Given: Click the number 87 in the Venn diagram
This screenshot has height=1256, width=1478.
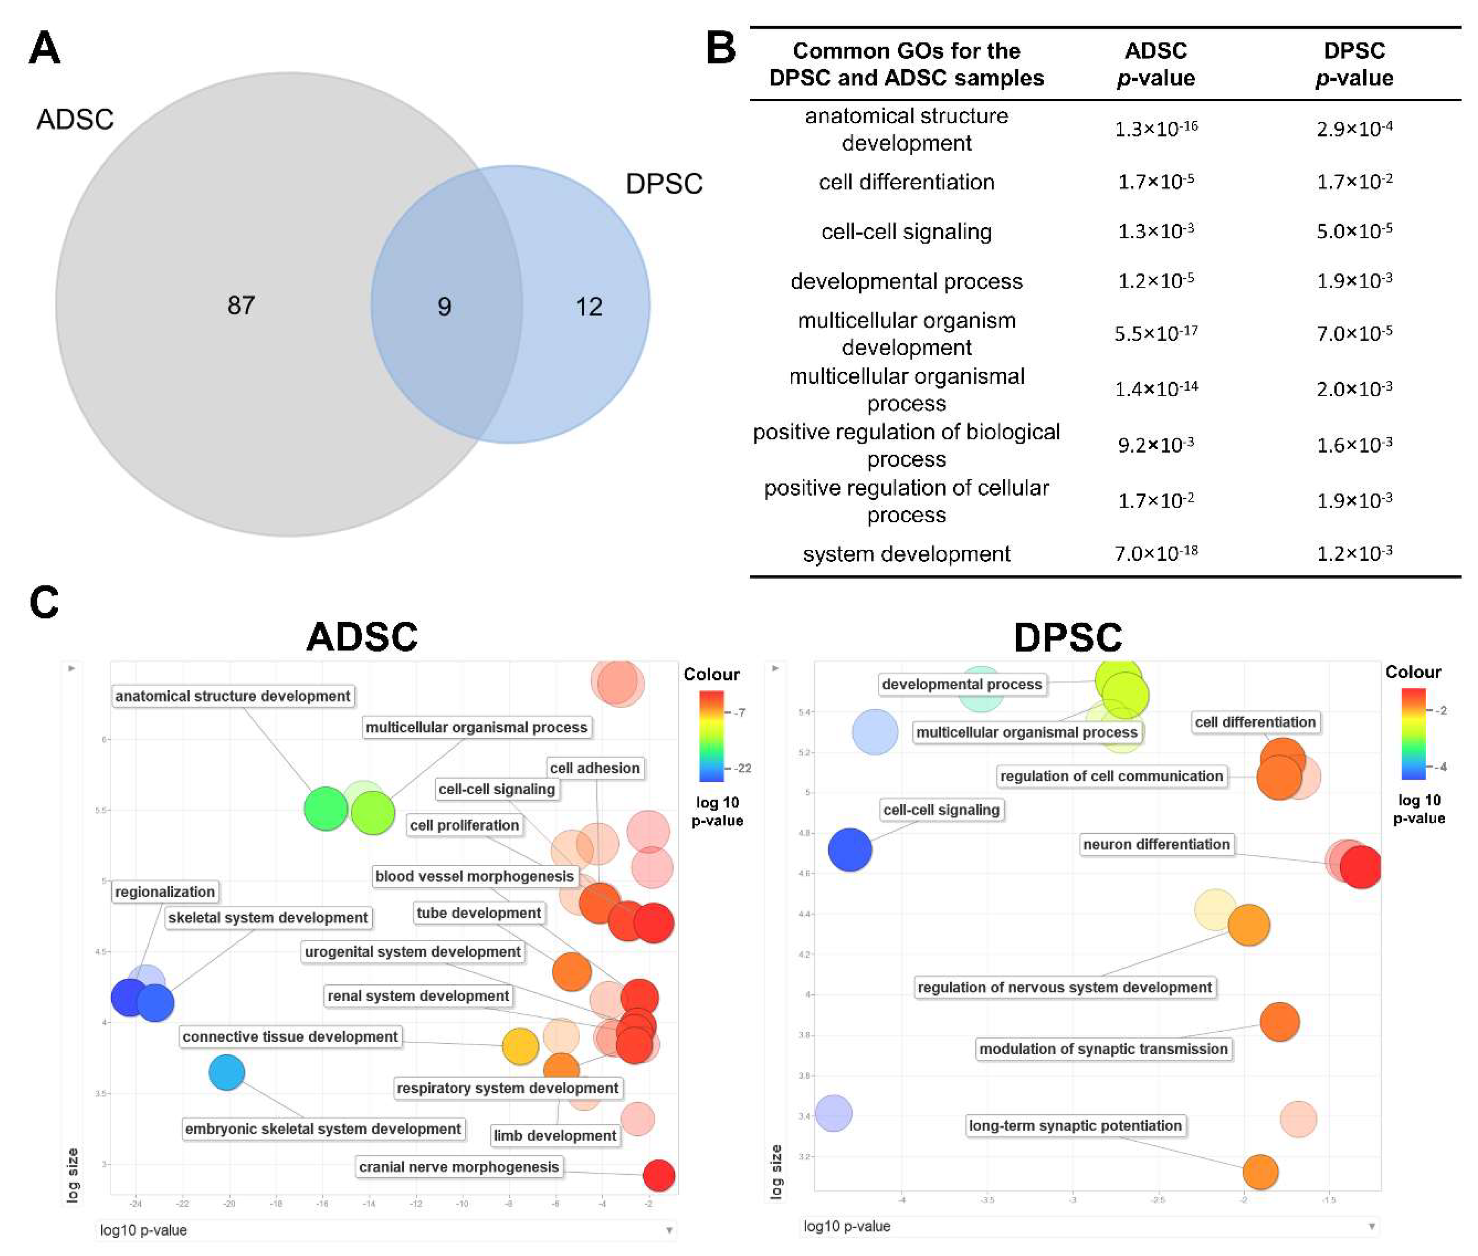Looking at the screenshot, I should pyautogui.click(x=241, y=305).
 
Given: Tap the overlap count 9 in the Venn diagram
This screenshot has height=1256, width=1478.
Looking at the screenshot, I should pyautogui.click(x=444, y=307).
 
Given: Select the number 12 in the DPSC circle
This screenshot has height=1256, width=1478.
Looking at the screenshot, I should pyautogui.click(x=589, y=307).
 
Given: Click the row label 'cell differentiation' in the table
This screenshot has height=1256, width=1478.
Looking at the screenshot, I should pyautogui.click(x=905, y=182).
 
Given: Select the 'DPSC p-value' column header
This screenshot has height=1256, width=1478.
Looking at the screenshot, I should pyautogui.click(x=1353, y=64).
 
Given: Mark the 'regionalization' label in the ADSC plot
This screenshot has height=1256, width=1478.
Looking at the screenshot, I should pyautogui.click(x=164, y=892).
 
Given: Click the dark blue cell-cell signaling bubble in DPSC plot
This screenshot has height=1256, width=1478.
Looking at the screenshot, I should pyautogui.click(x=849, y=849).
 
